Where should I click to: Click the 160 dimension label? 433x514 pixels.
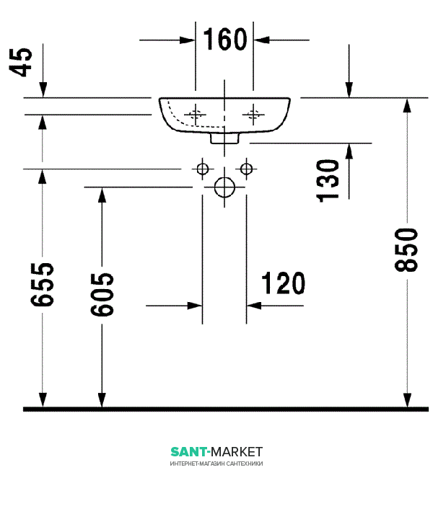pos(225,40)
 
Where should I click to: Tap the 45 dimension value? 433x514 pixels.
pos(20,62)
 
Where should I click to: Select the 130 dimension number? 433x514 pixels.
pos(328,181)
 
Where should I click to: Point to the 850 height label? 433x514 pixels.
pos(406,250)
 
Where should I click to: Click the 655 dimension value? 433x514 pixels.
pos(42,284)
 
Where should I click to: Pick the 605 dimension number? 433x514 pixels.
pos(102,294)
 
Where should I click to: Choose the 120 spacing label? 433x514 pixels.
pos(283,283)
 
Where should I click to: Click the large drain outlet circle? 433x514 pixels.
pos(224,187)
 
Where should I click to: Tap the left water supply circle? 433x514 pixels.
pos(203,169)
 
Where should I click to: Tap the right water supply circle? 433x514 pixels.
pos(246,169)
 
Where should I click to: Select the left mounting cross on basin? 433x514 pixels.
pos(196,115)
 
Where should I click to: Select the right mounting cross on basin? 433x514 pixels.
pos(253,115)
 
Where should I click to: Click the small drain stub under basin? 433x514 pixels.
pos(224,138)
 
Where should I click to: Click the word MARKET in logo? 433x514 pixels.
pos(237,452)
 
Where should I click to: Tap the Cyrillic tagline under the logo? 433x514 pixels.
pos(216,464)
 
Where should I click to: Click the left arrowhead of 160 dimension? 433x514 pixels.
pos(188,40)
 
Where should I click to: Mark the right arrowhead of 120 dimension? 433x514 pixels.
pos(254,306)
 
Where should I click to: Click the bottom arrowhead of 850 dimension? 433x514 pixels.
pos(407,400)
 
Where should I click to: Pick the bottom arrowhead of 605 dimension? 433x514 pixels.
pos(102,400)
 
